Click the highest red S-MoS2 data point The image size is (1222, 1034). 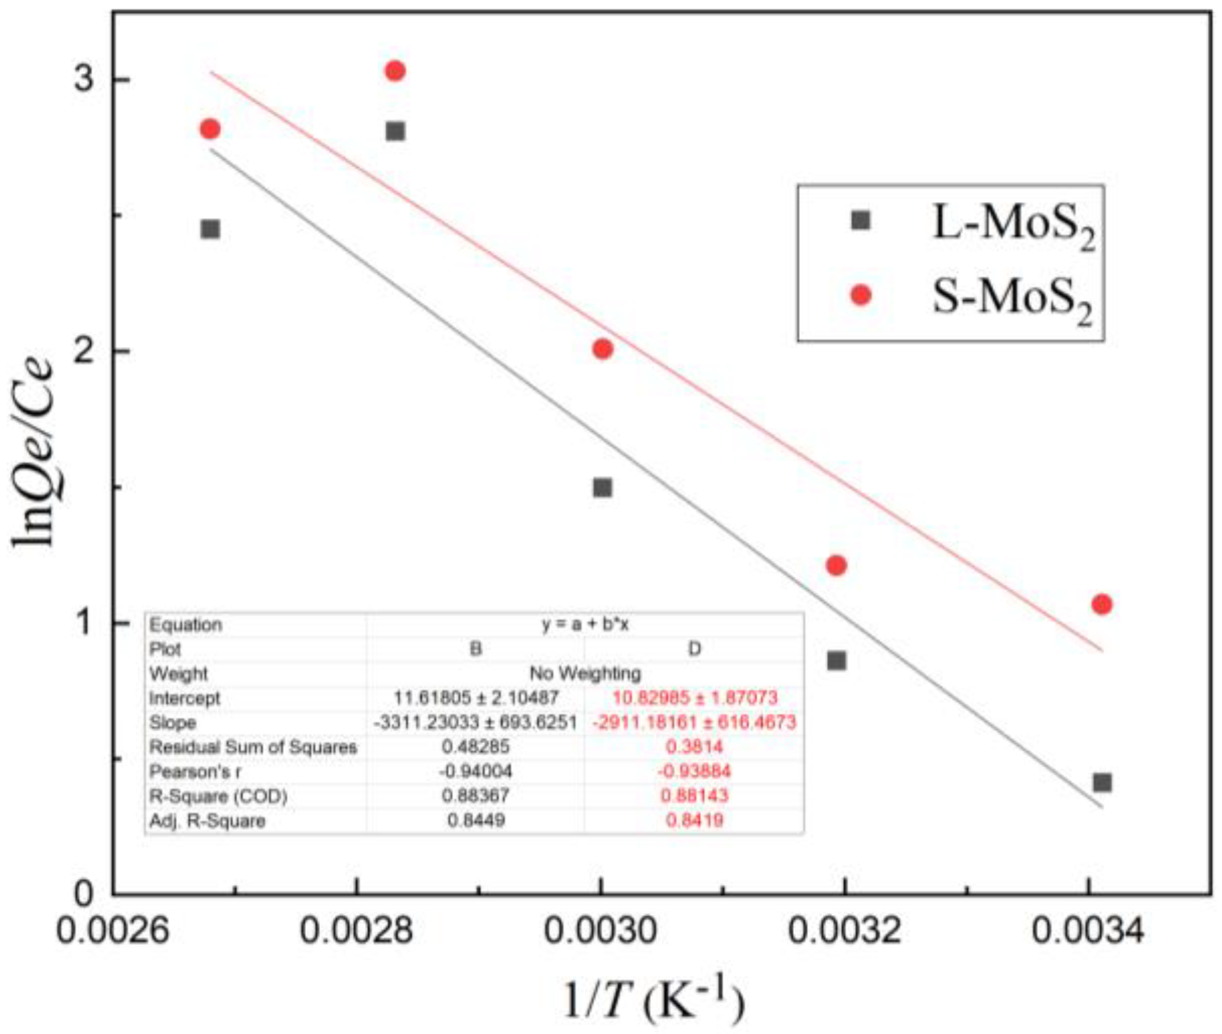[395, 70]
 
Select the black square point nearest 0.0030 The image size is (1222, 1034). [602, 487]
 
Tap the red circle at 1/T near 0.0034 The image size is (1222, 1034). [1101, 604]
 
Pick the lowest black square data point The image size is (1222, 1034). [1102, 782]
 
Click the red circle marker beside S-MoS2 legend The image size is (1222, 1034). [860, 295]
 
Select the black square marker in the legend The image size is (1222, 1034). [860, 220]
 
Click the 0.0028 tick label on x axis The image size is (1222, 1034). [356, 931]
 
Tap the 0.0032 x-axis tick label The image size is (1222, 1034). [844, 931]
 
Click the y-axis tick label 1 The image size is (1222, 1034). [83, 623]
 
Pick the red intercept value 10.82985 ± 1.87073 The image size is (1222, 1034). [695, 698]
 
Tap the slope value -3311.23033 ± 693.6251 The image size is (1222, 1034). [475, 723]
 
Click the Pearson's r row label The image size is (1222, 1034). [195, 772]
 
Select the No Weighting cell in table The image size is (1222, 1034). [584, 673]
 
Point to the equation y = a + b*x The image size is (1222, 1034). [584, 625]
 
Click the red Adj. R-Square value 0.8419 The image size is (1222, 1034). [695, 820]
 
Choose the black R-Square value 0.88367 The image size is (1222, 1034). [475, 796]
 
